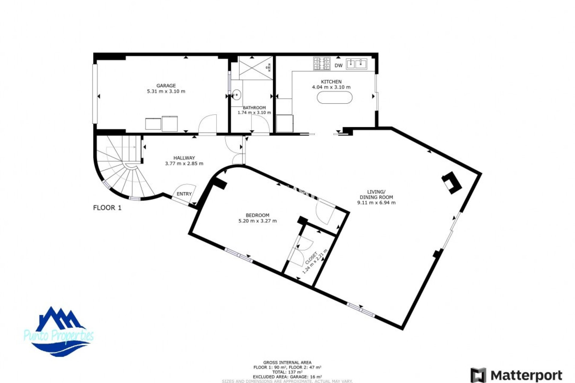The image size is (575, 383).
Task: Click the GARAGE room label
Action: (166, 86)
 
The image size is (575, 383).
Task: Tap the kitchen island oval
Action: (335, 98)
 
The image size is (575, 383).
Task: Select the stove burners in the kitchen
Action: (322, 63)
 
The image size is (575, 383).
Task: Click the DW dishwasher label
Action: (338, 66)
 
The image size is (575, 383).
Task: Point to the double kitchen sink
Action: (357, 64)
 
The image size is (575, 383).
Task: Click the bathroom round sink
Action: (237, 95)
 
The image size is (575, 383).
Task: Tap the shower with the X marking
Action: (256, 68)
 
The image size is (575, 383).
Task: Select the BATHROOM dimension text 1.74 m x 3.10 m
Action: (254, 113)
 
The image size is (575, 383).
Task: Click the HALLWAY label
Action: (184, 158)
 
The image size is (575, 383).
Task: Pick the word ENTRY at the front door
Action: (184, 194)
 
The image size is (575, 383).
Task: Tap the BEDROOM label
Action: (257, 215)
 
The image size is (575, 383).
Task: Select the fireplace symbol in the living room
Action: (452, 183)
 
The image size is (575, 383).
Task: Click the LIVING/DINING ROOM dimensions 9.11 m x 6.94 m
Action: (376, 203)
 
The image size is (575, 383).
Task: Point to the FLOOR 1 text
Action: (107, 208)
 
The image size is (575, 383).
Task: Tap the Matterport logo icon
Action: (478, 375)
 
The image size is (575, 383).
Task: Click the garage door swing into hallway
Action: (208, 124)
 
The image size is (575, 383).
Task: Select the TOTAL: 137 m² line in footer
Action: (287, 372)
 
